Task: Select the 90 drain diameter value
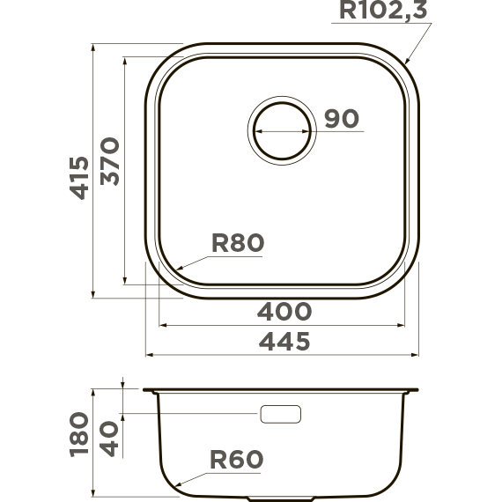point(341,119)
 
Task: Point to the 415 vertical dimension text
point(78,177)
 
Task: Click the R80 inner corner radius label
point(237,243)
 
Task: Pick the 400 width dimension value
point(284,312)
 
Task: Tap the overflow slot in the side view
point(281,414)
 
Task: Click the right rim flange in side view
point(411,390)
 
